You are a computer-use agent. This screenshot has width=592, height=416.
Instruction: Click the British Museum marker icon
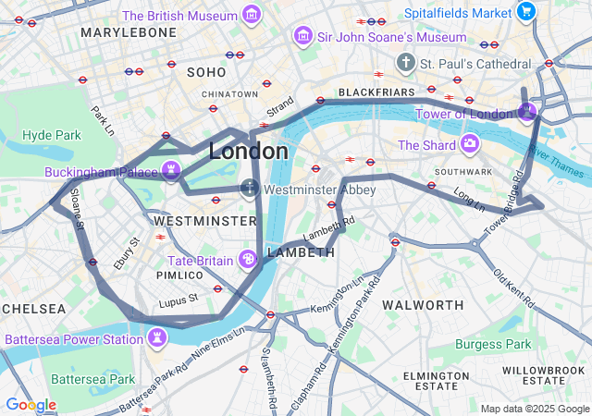(x=251, y=15)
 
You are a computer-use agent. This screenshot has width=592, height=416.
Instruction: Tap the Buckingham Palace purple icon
(x=170, y=171)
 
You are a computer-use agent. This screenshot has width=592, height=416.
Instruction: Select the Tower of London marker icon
(x=526, y=113)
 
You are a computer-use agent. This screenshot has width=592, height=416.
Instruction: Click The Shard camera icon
(x=470, y=144)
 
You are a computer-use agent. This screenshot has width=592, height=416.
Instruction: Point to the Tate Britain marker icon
(x=248, y=260)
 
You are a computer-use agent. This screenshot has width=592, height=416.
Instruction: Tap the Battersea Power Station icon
(x=156, y=338)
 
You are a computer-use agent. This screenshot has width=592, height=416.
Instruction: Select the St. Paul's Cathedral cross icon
(x=405, y=63)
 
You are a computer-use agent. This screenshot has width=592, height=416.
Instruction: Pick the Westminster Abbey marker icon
(x=249, y=189)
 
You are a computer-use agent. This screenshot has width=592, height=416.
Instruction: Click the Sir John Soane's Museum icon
(x=302, y=36)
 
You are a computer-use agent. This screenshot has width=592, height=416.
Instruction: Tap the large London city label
(x=248, y=151)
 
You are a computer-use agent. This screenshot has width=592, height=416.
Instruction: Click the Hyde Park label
(x=52, y=135)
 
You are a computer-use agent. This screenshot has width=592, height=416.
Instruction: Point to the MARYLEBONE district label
(x=129, y=32)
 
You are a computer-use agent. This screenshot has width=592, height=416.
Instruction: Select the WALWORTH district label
(x=423, y=304)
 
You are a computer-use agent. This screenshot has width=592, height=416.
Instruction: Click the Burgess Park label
(x=493, y=344)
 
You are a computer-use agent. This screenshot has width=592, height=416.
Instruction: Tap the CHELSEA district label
(x=33, y=308)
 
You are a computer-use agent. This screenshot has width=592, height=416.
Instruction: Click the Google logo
(x=31, y=405)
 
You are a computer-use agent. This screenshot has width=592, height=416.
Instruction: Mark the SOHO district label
(x=206, y=71)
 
